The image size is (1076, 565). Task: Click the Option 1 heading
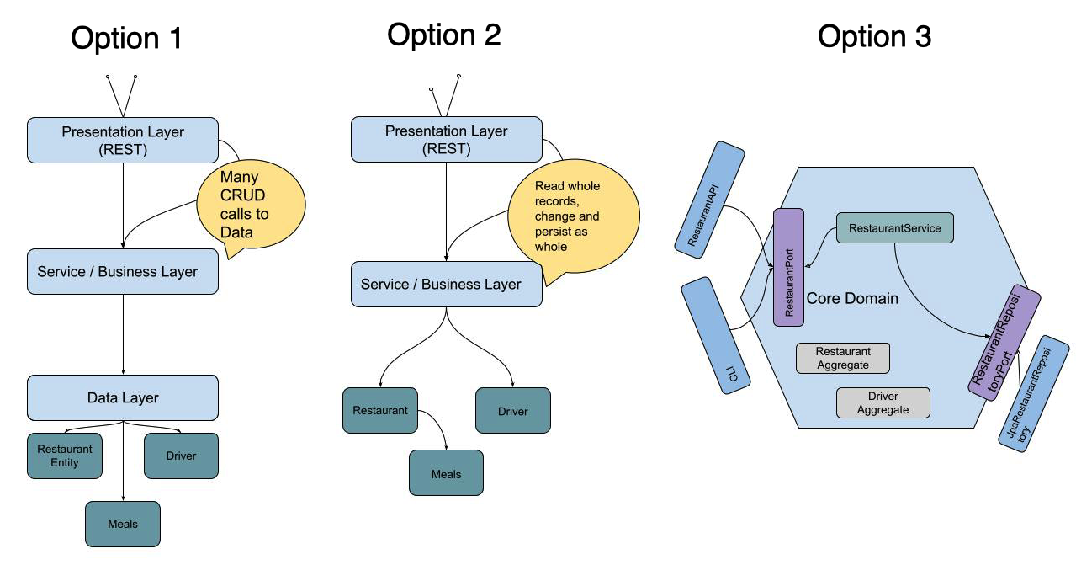point(125,39)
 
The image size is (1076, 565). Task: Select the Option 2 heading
point(443,35)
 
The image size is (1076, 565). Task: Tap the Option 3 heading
point(874,36)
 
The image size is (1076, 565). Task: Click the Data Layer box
point(123,397)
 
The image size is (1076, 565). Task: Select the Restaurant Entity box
point(65,456)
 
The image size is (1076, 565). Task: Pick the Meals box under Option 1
point(123,524)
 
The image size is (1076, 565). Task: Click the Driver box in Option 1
point(181,456)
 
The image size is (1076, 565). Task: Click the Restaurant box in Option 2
point(380,410)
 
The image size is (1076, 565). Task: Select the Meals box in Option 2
point(446,473)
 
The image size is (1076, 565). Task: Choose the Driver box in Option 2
point(512,411)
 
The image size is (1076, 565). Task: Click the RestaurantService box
point(894,228)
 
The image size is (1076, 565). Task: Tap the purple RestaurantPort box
point(788,267)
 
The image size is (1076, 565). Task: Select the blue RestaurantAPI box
point(709,198)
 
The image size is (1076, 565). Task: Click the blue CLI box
point(715,338)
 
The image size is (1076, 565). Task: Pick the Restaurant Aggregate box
point(843,358)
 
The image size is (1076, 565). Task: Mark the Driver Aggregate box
point(883,402)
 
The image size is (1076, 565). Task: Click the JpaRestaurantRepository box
point(1033,394)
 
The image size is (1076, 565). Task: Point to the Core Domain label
point(852,299)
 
